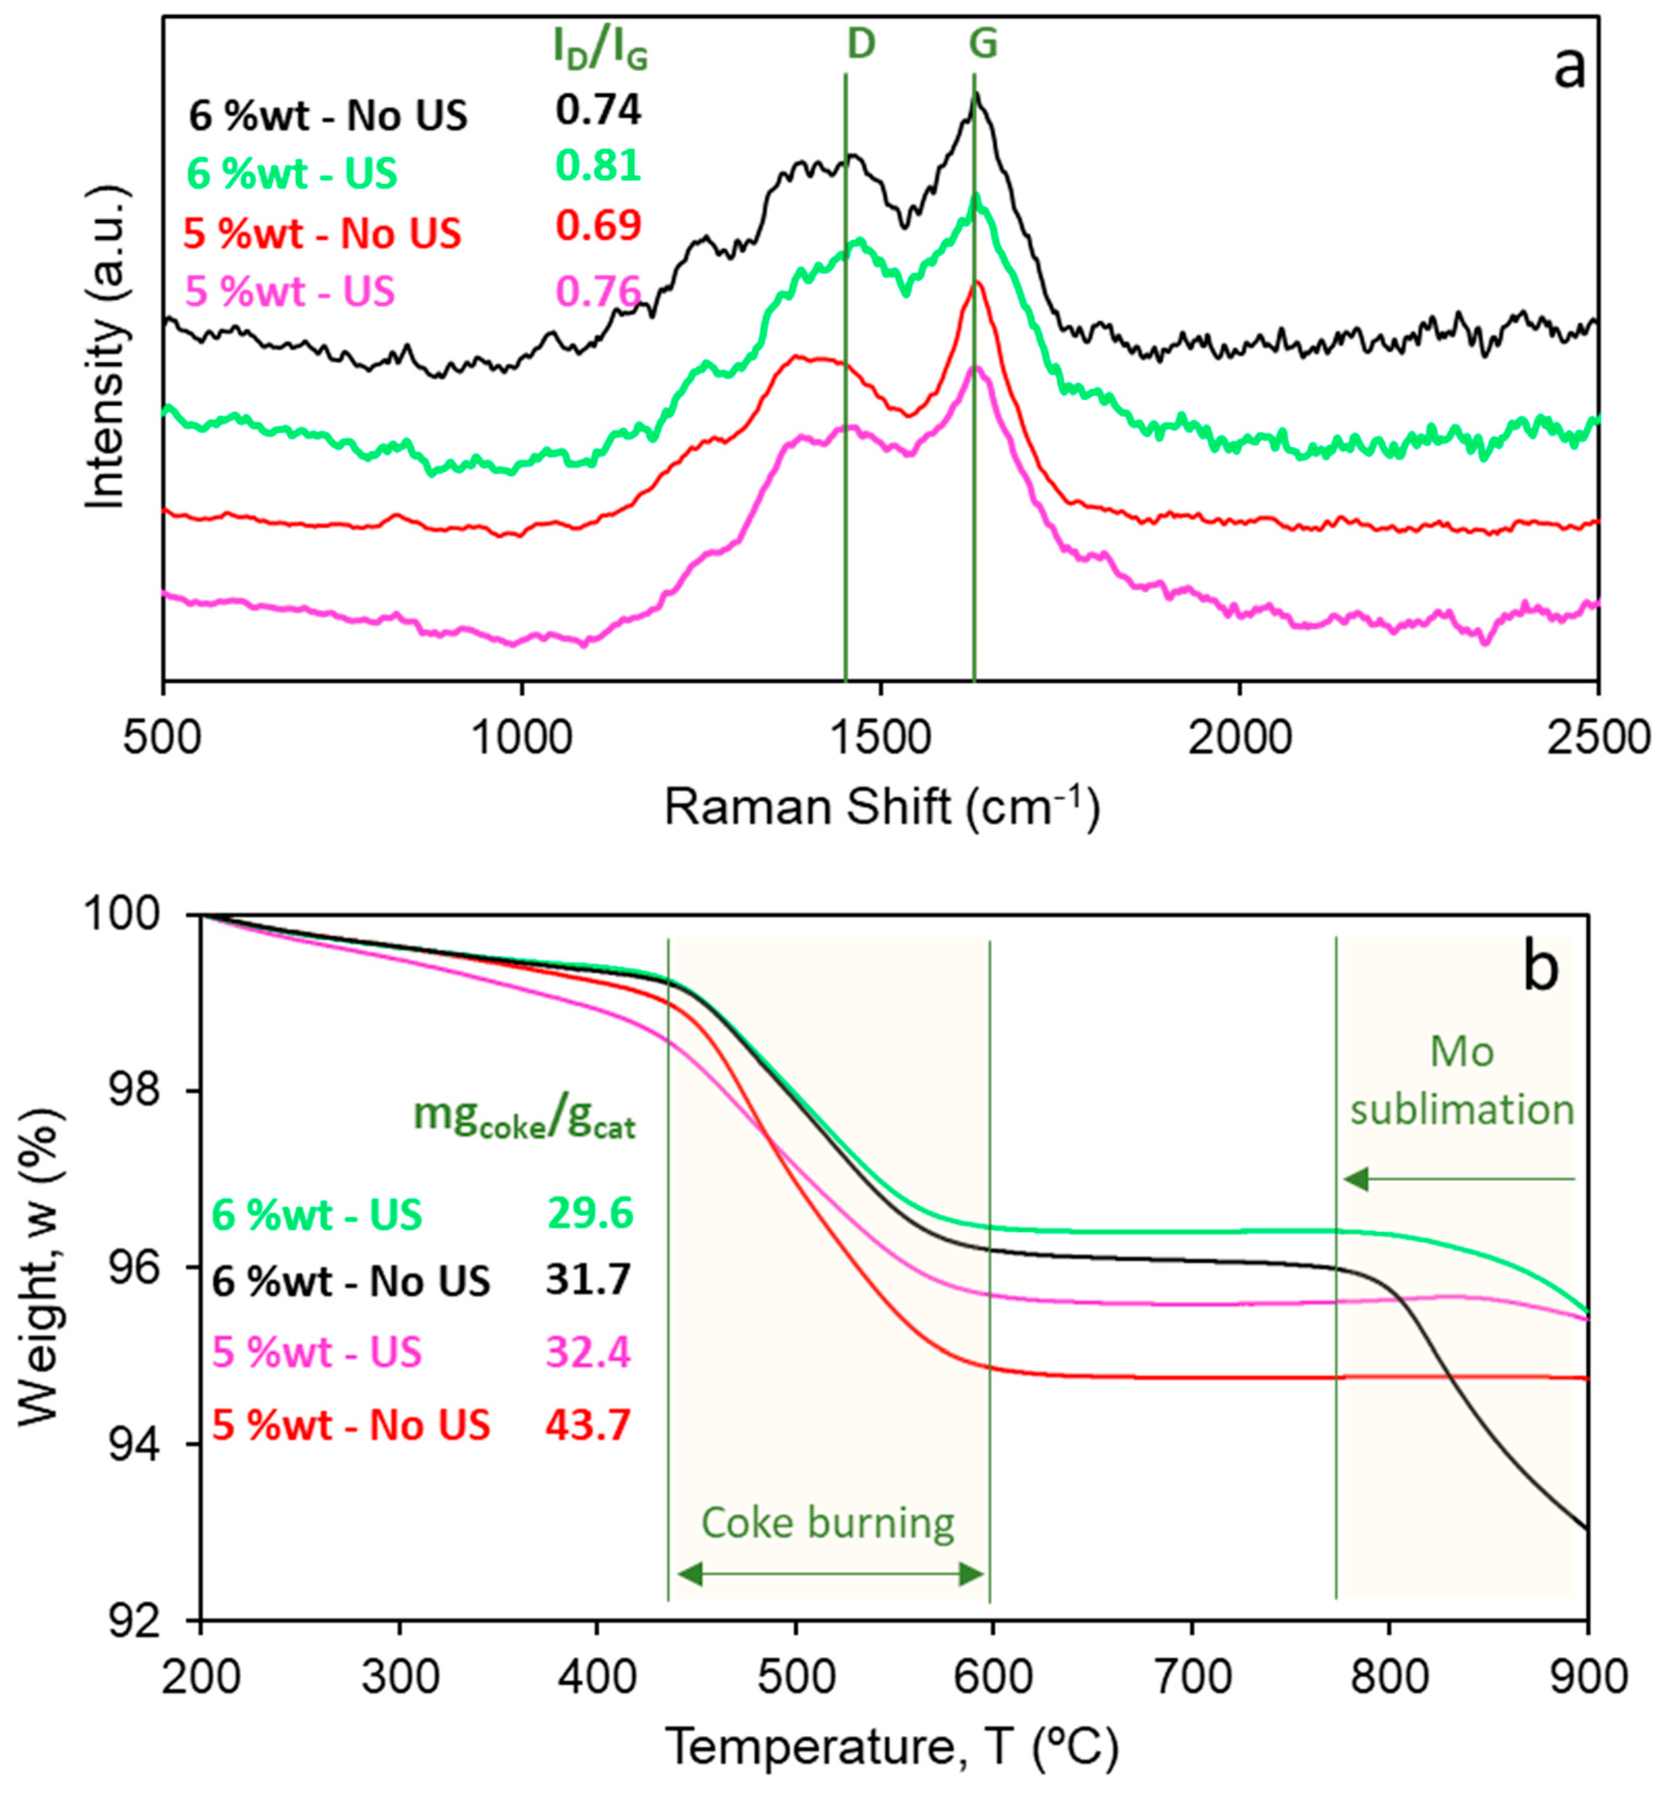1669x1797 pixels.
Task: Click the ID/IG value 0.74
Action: pyautogui.click(x=597, y=110)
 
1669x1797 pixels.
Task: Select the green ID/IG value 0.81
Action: pyautogui.click(x=597, y=166)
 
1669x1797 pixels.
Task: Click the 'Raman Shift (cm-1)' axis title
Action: pyautogui.click(x=882, y=806)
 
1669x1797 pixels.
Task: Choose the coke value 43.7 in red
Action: pyautogui.click(x=587, y=1425)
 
